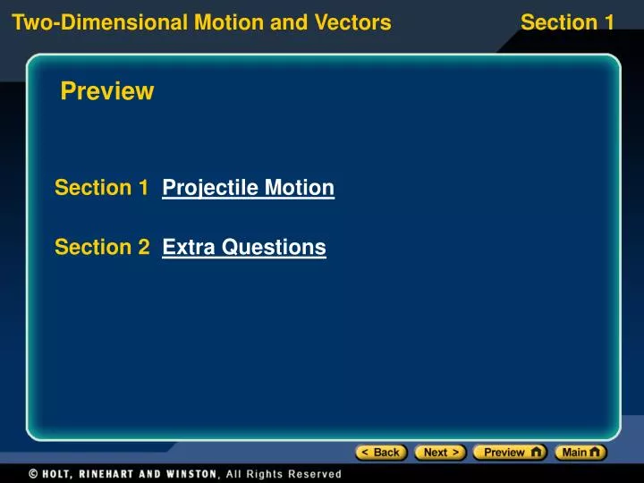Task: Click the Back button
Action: (x=381, y=453)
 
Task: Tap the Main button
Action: (x=580, y=453)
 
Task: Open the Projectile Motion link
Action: (x=248, y=188)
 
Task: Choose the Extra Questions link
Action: (x=244, y=247)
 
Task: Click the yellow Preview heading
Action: (x=107, y=91)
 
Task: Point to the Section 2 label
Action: (x=102, y=247)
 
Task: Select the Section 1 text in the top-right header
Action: (x=567, y=22)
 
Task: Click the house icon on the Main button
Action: (x=596, y=452)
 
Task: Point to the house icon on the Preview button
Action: (x=536, y=452)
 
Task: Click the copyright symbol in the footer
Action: (x=32, y=474)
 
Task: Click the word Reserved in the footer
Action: (x=315, y=474)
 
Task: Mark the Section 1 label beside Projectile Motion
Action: (x=101, y=188)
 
